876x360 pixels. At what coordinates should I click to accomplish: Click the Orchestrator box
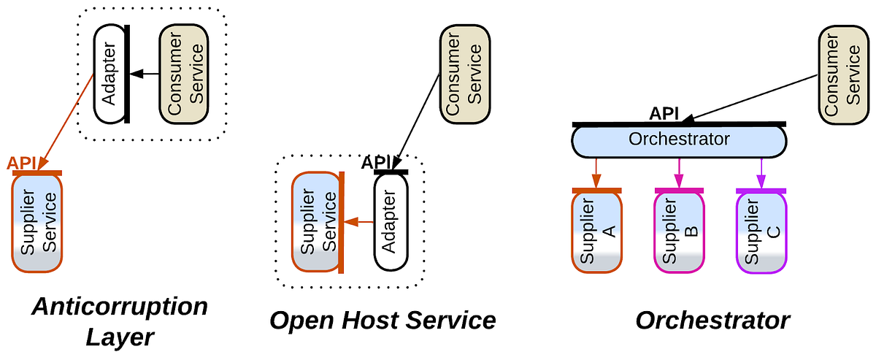679,140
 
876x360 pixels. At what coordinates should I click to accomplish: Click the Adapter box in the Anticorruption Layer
109,74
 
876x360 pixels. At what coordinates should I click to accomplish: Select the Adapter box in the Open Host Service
390,223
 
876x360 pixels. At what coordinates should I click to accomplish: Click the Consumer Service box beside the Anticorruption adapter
185,74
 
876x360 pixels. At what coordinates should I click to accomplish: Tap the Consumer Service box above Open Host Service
463,74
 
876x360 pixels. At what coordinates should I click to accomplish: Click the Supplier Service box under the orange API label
38,223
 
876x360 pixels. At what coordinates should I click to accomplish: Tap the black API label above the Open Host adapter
377,162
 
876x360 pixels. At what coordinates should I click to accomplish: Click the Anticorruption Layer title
119,321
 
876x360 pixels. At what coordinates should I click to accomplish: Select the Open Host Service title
383,320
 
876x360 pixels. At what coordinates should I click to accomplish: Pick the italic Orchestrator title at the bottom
712,320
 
